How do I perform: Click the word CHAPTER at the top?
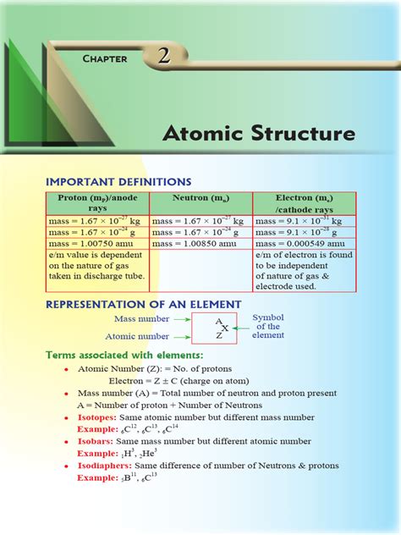105,58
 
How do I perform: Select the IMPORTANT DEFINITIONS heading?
118,181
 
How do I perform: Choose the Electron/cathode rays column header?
305,203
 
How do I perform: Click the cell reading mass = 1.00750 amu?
88,243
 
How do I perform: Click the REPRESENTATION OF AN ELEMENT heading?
143,304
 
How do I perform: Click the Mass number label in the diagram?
140,319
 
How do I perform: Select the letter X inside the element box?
224,328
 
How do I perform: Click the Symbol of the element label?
268,327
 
